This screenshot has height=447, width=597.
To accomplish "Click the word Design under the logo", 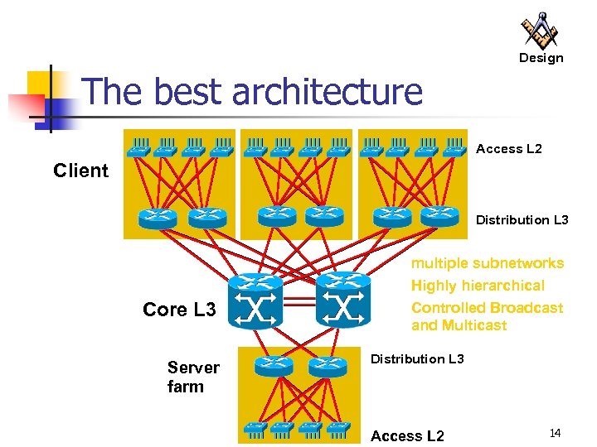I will (x=541, y=58).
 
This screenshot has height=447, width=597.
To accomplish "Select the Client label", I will (x=80, y=171).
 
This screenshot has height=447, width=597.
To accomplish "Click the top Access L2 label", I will (x=508, y=149).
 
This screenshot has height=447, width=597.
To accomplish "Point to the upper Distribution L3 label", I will (x=522, y=220).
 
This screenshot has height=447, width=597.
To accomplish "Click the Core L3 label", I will (x=179, y=310).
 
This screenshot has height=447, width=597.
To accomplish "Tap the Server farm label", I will (x=192, y=377).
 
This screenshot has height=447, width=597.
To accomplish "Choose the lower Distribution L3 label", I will (x=417, y=358).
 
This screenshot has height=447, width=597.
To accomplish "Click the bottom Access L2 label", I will (x=407, y=436).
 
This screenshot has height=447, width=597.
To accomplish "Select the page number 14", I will (x=555, y=433).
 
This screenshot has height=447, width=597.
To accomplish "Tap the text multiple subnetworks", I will (x=488, y=263).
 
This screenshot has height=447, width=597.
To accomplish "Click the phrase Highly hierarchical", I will (x=478, y=286).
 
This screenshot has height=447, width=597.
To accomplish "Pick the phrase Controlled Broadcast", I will (x=487, y=308).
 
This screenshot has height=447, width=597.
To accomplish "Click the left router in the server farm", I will (x=273, y=365).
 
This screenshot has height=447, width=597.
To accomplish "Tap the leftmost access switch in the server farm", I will (x=254, y=428).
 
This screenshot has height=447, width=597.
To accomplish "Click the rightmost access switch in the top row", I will (x=454, y=147).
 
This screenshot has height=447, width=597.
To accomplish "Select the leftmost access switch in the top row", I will (x=138, y=147).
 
